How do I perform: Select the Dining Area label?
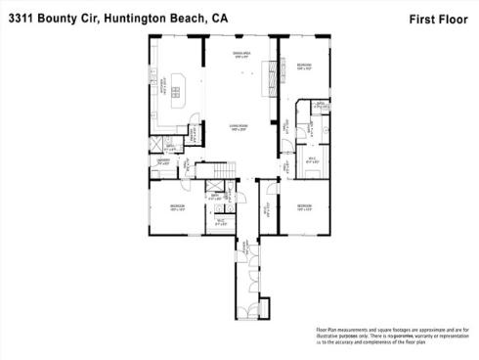pyautogui.click(x=238, y=55)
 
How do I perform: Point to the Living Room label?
pyautogui.click(x=238, y=128)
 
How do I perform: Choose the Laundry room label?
pyautogui.click(x=164, y=161)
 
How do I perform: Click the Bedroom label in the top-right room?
pyautogui.click(x=304, y=66)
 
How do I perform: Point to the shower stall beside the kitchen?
pyautogui.click(x=157, y=145)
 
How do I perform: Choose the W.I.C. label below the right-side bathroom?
pyautogui.click(x=312, y=158)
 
